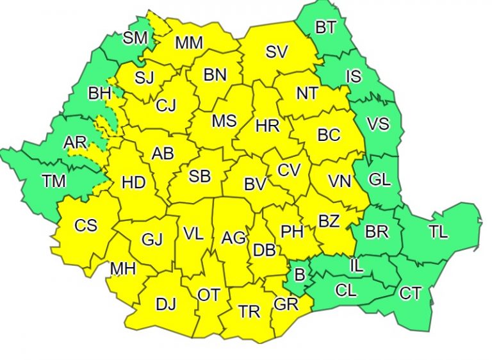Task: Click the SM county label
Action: [135, 38]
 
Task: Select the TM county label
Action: [54, 181]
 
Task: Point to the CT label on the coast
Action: [410, 293]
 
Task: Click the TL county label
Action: [438, 232]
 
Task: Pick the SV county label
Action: [276, 53]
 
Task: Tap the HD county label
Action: [133, 183]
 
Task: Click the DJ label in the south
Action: [166, 304]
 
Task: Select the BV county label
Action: [255, 184]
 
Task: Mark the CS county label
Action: [86, 225]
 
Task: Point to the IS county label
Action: [353, 77]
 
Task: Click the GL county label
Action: [380, 180]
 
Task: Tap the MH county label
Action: [123, 269]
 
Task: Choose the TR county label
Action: [249, 312]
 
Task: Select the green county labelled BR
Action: [377, 231]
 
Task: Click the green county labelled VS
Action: [377, 124]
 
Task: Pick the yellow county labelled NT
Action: [307, 94]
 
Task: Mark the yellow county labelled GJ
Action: [152, 240]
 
